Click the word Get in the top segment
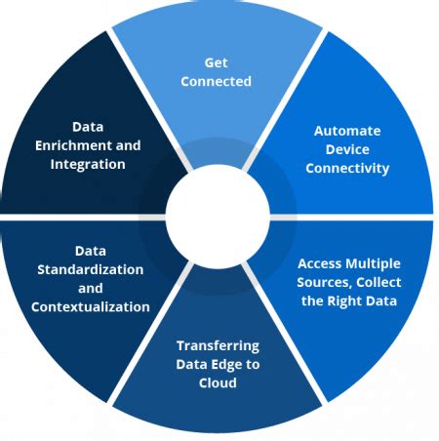coord(217,62)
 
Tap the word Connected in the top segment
coord(217,82)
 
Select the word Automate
coord(347,130)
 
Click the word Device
coord(347,149)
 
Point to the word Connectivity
coord(347,168)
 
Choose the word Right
coord(349,301)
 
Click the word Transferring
coord(218,345)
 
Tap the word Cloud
coord(218,382)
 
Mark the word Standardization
coord(90,269)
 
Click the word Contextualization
coord(90,306)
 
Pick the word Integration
coord(88,164)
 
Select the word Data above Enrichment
coord(88,127)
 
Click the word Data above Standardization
coord(90,251)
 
